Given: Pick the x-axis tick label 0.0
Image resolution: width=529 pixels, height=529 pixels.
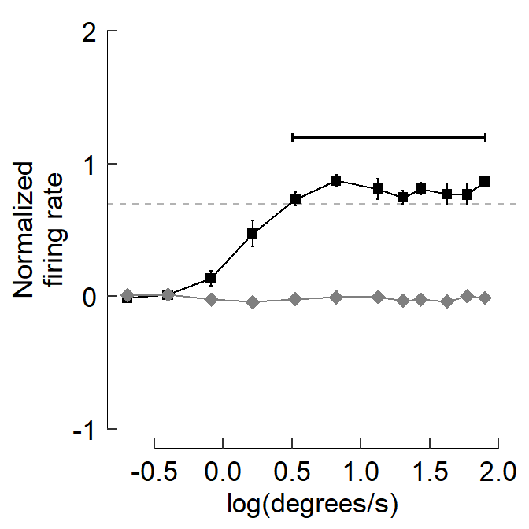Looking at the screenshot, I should point(223,474).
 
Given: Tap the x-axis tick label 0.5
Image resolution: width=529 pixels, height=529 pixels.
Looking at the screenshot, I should point(291,474).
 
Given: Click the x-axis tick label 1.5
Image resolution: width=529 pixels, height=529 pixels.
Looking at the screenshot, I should point(429,474).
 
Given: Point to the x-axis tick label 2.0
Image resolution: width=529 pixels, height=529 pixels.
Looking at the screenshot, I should point(498,474).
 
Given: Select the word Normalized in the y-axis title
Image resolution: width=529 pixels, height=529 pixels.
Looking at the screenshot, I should point(24,231).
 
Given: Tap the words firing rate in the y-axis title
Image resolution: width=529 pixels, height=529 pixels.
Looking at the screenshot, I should point(57,231).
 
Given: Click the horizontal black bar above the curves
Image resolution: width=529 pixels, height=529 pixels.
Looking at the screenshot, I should point(389,137).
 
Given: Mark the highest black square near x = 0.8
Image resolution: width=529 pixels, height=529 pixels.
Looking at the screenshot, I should point(336,180).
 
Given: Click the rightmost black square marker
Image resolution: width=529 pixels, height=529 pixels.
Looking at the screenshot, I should point(485,181).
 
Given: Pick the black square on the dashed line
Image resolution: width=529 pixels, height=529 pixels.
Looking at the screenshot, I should point(296,199).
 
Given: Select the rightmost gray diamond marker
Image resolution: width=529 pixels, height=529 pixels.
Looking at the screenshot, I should point(485,298).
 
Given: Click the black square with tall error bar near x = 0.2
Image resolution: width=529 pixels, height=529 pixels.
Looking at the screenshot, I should point(253,233).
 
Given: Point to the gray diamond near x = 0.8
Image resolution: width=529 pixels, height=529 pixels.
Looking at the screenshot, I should point(336,297).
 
